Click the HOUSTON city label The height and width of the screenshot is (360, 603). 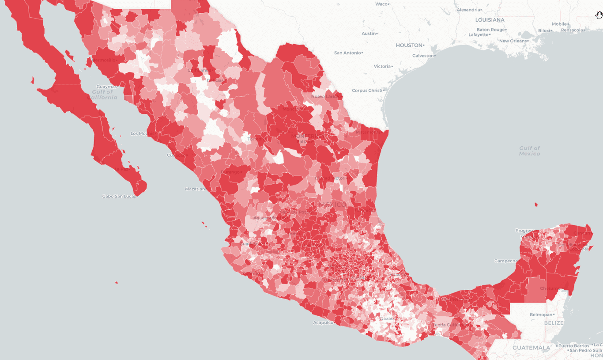[409, 45]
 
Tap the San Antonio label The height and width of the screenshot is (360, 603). [347, 53]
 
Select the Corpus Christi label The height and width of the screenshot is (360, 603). [367, 91]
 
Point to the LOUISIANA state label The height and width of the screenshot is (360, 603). [490, 20]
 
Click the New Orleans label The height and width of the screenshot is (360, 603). [513, 41]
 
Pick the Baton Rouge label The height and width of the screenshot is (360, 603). [490, 30]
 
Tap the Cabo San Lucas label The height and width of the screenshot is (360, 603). [119, 196]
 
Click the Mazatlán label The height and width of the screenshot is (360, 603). [195, 189]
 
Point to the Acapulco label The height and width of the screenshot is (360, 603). [323, 322]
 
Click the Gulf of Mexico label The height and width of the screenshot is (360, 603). [529, 151]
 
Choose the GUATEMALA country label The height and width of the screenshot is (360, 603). [531, 348]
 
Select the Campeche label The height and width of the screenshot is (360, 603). [505, 261]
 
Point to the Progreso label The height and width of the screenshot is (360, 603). [525, 231]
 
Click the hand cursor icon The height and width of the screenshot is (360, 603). [599, 15]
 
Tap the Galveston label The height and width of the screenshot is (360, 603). [423, 56]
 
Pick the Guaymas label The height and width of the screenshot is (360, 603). [106, 87]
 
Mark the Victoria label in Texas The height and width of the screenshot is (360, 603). [382, 66]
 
